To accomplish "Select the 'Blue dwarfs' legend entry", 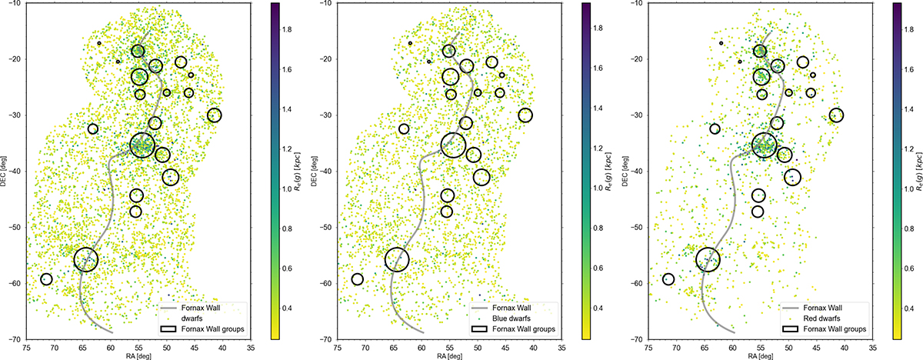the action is click(x=511, y=318).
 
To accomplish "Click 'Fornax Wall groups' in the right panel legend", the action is click(x=835, y=329).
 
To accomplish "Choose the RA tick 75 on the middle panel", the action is click(x=338, y=348).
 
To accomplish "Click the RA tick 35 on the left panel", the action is click(x=251, y=348).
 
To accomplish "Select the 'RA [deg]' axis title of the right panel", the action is click(x=760, y=356).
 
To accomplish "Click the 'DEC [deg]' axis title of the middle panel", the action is click(x=314, y=172).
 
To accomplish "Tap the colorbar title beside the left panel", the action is click(x=298, y=172).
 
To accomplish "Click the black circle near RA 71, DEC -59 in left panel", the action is click(x=46, y=274).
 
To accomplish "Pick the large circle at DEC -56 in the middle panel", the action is click(x=397, y=248).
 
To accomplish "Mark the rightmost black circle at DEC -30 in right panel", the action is click(x=836, y=108).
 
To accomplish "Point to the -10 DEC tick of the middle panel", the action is click(x=327, y=3).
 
